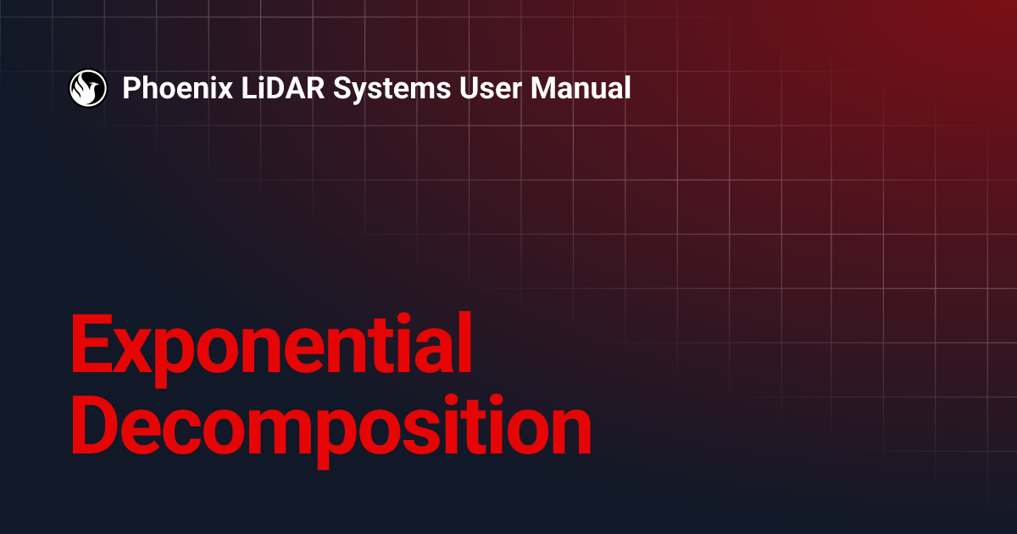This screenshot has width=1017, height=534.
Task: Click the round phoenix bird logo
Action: coord(87,87)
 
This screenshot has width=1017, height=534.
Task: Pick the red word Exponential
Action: coord(270,346)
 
